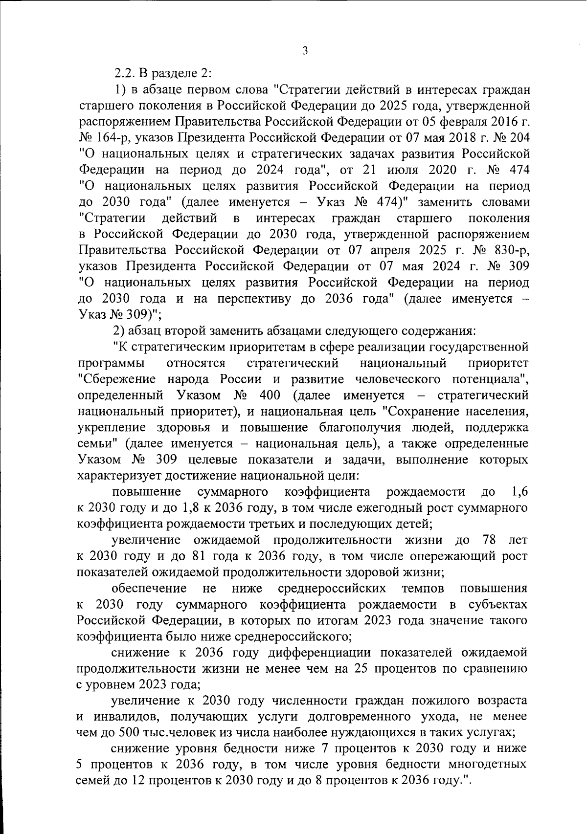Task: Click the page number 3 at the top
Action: pos(305,51)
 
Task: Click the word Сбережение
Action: pos(117,379)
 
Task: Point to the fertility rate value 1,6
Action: pos(518,492)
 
